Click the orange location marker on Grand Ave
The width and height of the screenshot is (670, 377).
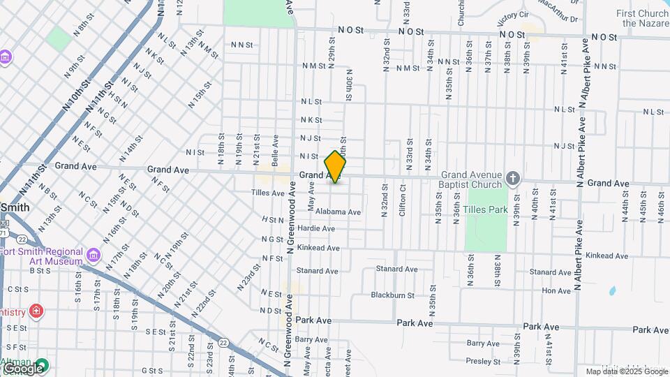335,167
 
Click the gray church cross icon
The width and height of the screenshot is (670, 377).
513,179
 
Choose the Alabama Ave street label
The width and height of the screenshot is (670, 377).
338,212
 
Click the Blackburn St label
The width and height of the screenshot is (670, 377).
392,295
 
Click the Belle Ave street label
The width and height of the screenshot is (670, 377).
276,149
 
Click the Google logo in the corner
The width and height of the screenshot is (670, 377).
22,368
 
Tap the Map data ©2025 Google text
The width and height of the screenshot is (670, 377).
626,371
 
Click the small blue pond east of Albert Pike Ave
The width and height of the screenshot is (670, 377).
612,290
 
